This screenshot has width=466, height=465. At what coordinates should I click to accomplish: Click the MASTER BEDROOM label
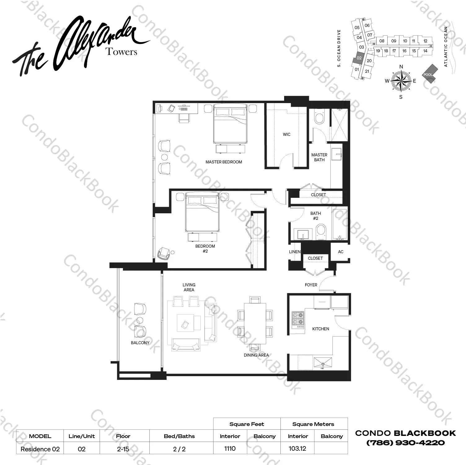tap(224, 162)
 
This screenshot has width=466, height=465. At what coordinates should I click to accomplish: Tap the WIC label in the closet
tap(287, 134)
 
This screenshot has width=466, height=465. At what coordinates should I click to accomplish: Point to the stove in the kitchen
tap(298, 319)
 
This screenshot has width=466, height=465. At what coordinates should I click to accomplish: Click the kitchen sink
tap(323, 362)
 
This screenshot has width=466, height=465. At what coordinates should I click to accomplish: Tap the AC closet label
tap(341, 252)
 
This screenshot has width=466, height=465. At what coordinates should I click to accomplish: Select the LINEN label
tap(295, 252)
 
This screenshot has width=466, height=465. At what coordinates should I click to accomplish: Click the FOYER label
tap(311, 285)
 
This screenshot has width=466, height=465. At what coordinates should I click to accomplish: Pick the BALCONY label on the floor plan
tap(140, 343)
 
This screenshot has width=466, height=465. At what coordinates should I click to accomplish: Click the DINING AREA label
tap(256, 355)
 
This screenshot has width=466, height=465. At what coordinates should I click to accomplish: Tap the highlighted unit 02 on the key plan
tap(359, 58)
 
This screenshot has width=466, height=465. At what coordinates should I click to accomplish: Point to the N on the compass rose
tap(401, 67)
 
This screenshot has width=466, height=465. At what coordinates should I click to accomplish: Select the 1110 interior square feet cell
tap(230, 448)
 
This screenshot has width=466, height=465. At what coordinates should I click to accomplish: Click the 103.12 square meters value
tap(297, 448)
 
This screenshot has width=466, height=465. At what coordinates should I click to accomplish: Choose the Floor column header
tap(123, 436)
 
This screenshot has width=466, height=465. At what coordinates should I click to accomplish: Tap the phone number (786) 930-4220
tap(406, 443)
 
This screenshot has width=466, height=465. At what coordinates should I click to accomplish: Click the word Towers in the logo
tap(121, 51)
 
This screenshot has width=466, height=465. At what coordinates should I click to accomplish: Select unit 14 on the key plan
tap(425, 51)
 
